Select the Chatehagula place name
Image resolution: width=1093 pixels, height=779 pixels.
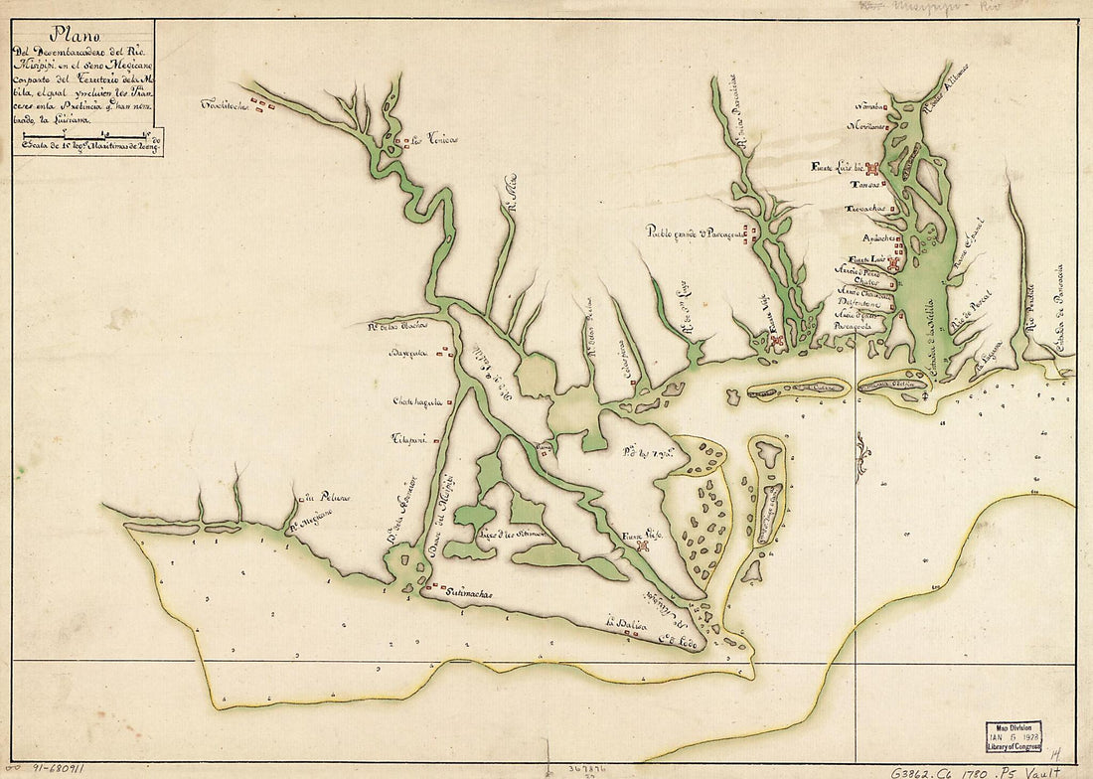coord(415,402)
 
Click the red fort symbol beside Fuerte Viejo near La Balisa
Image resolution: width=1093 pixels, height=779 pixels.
coord(643,545)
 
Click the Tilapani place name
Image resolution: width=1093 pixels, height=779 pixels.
coord(408,438)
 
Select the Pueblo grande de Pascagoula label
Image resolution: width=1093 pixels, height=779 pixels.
coord(695,233)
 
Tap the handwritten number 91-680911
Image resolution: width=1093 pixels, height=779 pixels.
coord(55,768)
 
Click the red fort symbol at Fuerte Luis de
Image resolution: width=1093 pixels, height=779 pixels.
coord(872,169)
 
